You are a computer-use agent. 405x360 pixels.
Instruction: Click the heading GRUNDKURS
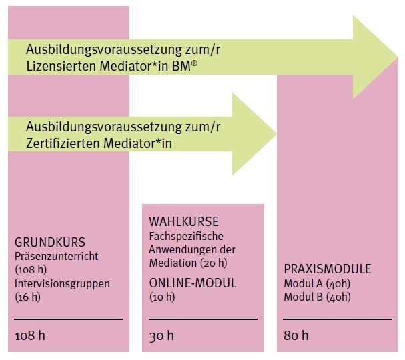point(50,242)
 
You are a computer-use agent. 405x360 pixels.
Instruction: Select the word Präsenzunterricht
point(56,256)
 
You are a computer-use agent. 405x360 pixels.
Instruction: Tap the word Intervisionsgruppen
point(62,283)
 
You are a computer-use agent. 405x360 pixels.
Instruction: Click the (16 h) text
point(28,297)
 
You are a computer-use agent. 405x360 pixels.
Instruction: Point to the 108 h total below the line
point(30,335)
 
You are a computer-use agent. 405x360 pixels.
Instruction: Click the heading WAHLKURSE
point(183,222)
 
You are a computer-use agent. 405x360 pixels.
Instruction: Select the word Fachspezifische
point(186,236)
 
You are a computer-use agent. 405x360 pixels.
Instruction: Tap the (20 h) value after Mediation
point(214,263)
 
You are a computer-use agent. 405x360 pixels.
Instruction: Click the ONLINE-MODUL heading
point(193,283)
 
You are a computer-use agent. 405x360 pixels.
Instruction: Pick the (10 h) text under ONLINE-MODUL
point(162,297)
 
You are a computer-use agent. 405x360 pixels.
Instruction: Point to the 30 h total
point(161,335)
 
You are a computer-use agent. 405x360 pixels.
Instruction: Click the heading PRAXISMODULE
point(328,269)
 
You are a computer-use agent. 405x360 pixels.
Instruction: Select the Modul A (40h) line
point(317,283)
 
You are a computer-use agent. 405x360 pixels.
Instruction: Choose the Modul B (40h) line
point(317,297)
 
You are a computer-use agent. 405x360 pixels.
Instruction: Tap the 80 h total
point(296,335)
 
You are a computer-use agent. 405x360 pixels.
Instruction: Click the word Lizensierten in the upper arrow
point(61,66)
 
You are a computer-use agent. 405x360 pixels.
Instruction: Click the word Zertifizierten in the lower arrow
point(63,143)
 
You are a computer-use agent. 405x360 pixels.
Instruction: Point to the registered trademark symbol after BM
point(194,63)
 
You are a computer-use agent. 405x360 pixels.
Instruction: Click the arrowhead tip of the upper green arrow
point(398,57)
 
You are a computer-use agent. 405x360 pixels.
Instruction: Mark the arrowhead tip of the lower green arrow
point(277,134)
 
